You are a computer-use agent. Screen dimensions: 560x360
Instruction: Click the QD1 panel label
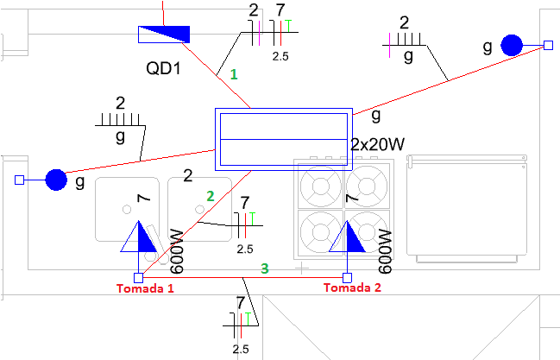[164, 68]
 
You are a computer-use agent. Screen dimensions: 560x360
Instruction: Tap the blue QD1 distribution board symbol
[164, 35]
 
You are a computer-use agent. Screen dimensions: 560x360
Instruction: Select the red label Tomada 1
[145, 288]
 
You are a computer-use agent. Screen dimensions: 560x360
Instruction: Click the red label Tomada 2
[352, 287]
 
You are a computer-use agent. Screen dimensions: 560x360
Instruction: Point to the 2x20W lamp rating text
[377, 144]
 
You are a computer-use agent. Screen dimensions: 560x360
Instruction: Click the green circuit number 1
[234, 74]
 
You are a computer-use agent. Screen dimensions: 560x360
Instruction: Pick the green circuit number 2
[211, 196]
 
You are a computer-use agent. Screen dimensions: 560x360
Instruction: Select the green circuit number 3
[264, 268]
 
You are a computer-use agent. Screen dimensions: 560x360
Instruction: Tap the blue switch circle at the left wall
[56, 180]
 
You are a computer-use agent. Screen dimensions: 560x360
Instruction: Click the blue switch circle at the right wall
[512, 46]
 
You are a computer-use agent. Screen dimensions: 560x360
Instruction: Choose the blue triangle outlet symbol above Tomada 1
[139, 237]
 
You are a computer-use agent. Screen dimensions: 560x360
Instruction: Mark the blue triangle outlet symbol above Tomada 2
[347, 237]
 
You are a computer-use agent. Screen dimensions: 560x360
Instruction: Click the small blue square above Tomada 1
[139, 278]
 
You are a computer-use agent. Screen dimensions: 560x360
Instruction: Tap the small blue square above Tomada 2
[347, 278]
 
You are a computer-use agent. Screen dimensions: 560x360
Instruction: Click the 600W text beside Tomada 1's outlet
[176, 252]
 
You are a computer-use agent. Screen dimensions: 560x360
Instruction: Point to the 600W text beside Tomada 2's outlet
[385, 252]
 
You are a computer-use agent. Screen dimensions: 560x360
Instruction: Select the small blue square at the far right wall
[549, 45]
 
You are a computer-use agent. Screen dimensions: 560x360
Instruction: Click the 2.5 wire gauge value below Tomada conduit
[241, 349]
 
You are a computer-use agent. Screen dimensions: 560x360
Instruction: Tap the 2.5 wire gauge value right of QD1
[280, 56]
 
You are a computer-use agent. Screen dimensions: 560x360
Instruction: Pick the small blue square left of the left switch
[19, 180]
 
